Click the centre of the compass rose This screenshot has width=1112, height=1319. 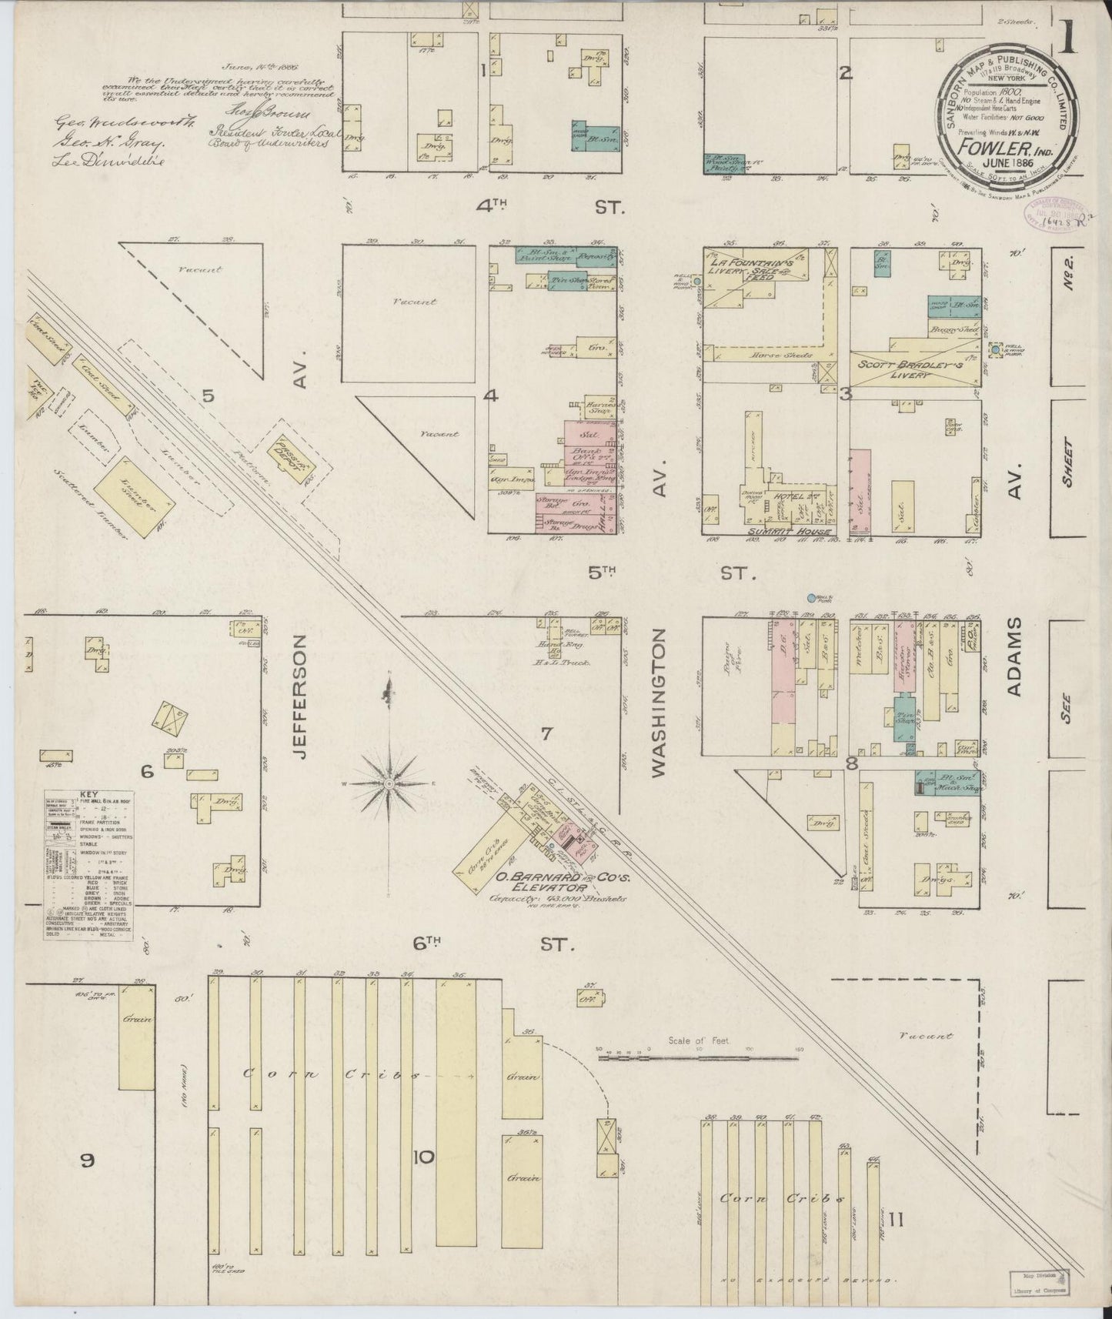tap(389, 783)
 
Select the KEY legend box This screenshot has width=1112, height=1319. tap(88, 864)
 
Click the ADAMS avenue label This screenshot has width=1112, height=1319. tap(1014, 656)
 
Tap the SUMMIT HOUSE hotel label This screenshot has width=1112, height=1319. tap(792, 532)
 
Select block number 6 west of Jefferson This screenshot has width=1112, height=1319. tap(147, 771)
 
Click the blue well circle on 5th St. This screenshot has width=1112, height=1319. tap(811, 598)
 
